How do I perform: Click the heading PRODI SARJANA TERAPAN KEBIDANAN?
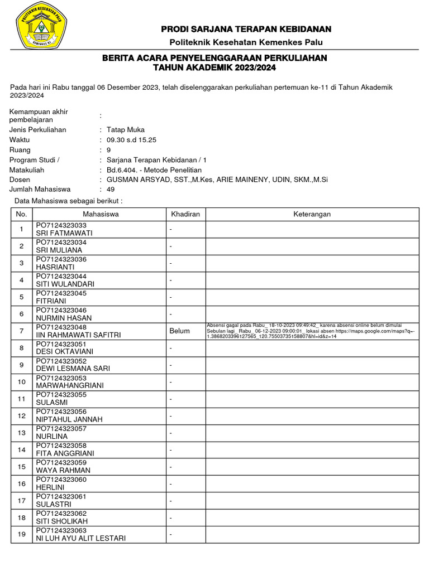pos(246,29)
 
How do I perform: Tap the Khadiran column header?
pos(185,214)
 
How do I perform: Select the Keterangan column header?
pos(312,214)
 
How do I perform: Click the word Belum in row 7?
pos(179,331)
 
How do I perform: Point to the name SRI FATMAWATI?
pos(64,233)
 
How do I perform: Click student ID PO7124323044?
pos(61,277)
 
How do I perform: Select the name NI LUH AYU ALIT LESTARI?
pos(81,538)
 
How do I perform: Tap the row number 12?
pos(21,416)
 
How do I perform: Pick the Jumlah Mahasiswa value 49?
pos(111,190)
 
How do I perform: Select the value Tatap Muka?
pos(126,130)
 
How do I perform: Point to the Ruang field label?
pos(20,150)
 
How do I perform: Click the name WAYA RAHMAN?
pos(63,470)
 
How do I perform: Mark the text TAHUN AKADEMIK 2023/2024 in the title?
pos(214,68)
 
